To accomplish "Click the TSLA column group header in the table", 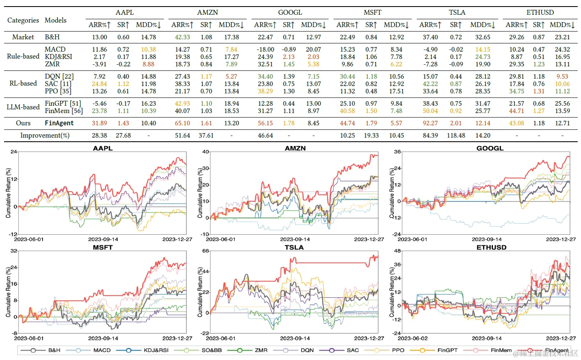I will [x=457, y=12].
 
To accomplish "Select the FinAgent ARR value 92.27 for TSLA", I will [x=430, y=123].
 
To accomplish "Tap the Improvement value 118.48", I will [x=456, y=135].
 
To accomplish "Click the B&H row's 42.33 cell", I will [x=182, y=37].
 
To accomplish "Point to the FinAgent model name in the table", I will [x=59, y=123].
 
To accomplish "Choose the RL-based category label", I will [x=23, y=83].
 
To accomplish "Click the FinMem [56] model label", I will [x=64, y=111].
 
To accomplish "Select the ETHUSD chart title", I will [x=491, y=247].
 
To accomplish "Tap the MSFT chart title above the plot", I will [x=102, y=247].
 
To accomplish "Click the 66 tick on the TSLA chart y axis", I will [x=206, y=251].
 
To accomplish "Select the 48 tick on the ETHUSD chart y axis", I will [x=397, y=251].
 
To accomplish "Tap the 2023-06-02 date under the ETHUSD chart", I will [x=412, y=338].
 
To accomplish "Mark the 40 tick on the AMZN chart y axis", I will [x=206, y=152].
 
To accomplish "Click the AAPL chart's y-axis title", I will [x=9, y=192].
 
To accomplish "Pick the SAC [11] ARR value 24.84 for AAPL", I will [x=99, y=84].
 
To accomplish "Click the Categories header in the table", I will [x=23, y=20].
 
